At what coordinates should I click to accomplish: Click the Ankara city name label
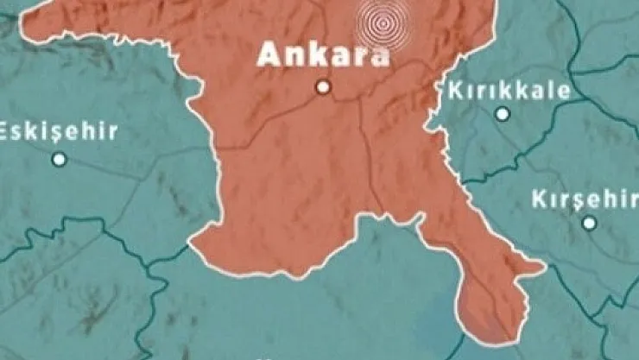coord(323,55)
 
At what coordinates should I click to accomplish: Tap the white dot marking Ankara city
coord(323,86)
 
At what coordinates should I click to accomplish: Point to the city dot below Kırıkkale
coord(503,113)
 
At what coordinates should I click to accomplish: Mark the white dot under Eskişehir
coord(59,159)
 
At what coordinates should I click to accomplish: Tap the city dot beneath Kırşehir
coord(589,223)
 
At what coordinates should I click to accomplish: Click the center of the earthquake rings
coord(382,22)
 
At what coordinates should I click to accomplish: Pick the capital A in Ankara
coord(269,55)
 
